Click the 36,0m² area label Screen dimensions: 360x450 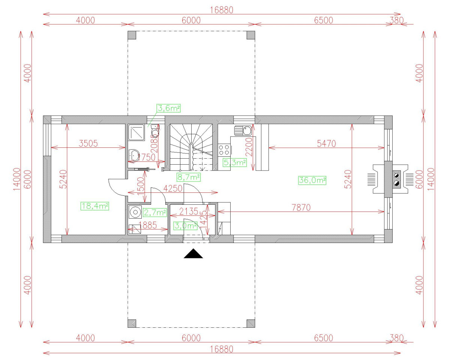pos(312,180)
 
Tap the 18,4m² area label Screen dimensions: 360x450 pos(94,205)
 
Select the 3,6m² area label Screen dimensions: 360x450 pos(168,108)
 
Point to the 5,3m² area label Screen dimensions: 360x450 pos(234,162)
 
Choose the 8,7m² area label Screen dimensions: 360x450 pos(188,177)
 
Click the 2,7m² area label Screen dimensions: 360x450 pos(155,213)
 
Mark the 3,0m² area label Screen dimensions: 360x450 pos(186,226)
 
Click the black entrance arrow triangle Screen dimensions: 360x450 pos(193,254)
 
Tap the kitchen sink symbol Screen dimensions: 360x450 pos(244,130)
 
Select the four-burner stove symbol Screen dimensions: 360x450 pos(224,150)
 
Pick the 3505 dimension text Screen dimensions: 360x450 pos(88,143)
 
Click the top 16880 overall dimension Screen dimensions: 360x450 pos(221,10)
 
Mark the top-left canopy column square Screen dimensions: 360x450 pos(132,35)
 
